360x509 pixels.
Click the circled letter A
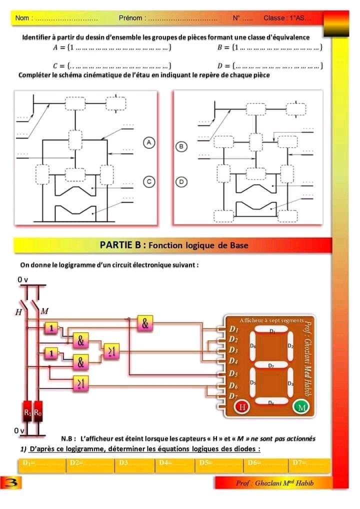tap(148, 142)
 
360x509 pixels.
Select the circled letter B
tap(181, 146)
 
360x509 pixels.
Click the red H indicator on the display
tap(242, 406)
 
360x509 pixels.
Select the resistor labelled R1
tap(27, 412)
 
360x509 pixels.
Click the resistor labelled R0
tap(38, 412)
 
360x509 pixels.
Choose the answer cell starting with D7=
tap(309, 464)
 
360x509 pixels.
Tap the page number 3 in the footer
tap(8, 483)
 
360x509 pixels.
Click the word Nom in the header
tap(23, 18)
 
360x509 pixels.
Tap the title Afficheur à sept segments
tap(270, 319)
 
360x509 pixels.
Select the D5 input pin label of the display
tap(233, 373)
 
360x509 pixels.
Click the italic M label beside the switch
tap(44, 311)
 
